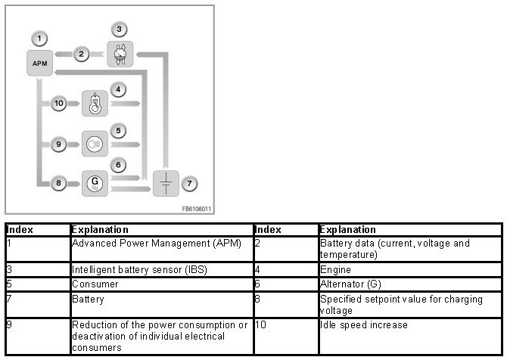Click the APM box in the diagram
click(41, 63)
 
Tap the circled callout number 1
click(41, 37)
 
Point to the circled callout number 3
click(117, 29)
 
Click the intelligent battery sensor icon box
click(120, 55)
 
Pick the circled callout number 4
click(117, 90)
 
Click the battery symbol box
click(165, 183)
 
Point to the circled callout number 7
click(191, 182)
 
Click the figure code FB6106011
click(196, 209)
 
